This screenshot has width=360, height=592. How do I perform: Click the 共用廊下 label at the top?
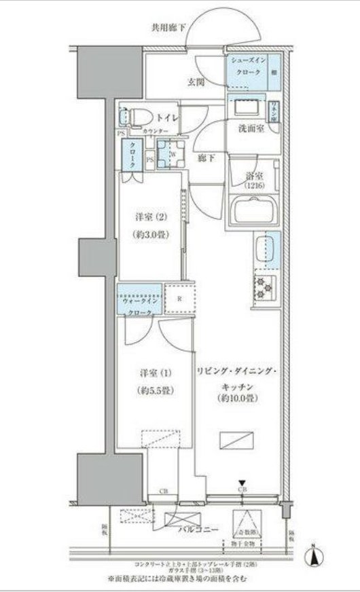coord(168,28)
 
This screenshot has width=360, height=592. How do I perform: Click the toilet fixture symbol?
coord(134,117)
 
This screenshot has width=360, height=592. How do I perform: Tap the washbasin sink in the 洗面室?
coord(247,108)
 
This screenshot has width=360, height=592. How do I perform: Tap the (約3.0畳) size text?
coord(151,234)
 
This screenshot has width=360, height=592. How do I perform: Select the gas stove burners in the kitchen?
coord(264,288)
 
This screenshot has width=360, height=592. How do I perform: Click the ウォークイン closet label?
coord(140,299)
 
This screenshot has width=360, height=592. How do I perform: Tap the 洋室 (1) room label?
coord(150,373)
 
